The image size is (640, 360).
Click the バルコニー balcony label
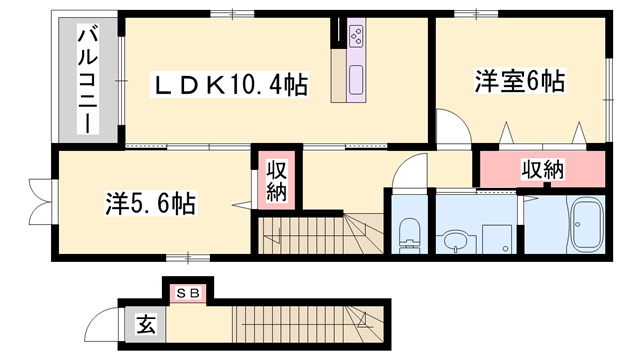88,81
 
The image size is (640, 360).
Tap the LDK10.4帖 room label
229,85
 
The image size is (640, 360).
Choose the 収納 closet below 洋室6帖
542,168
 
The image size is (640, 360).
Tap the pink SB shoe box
189,293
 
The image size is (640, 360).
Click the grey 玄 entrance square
146,324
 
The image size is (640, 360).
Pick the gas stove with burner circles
357,38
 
